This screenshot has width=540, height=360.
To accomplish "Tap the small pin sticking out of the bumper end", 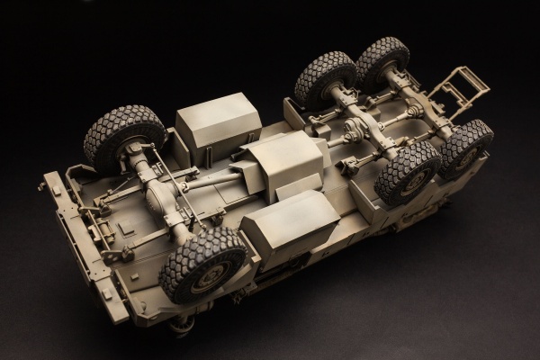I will [x=40, y=186].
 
